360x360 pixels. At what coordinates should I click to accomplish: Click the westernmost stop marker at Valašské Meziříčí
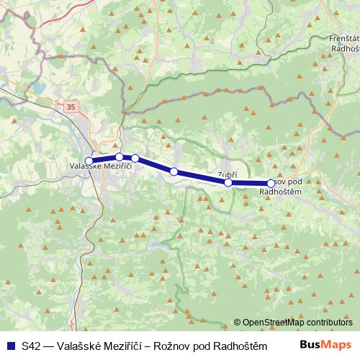click(x=89, y=161)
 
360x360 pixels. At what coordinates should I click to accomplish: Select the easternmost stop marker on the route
click(x=271, y=184)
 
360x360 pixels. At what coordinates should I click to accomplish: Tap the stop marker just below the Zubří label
click(x=228, y=182)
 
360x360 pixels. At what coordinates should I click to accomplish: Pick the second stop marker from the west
click(x=119, y=157)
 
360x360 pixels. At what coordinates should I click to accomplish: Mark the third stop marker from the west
click(x=135, y=158)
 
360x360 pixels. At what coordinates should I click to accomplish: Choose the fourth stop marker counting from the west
click(x=174, y=171)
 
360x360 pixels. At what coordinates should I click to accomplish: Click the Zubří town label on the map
click(x=227, y=174)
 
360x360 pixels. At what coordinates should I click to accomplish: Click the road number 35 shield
click(x=70, y=107)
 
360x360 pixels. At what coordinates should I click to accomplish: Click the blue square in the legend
click(x=9, y=345)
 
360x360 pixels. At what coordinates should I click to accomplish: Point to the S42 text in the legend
click(x=30, y=345)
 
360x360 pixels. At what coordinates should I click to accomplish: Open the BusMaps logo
click(x=325, y=344)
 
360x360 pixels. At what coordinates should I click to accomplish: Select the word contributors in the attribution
click(x=328, y=323)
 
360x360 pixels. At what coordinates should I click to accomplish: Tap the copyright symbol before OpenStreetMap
click(x=237, y=323)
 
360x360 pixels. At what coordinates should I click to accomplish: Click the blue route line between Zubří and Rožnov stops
click(x=250, y=184)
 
